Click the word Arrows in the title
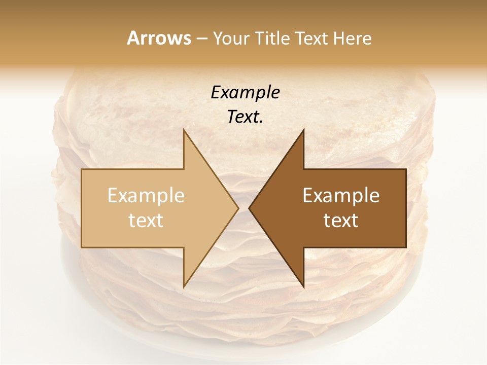click(159, 38)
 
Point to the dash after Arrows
click(202, 39)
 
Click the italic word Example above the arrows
click(245, 92)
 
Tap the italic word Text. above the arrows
click(245, 117)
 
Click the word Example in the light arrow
click(146, 196)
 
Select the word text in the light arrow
click(146, 221)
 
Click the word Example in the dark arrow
click(341, 196)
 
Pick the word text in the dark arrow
click(341, 221)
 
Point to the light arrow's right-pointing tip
click(238, 208)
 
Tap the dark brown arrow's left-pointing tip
click(249, 208)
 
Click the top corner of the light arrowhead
click(184, 130)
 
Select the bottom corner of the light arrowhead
click(184, 286)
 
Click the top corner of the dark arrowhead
click(303, 130)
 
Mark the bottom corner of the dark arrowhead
click(303, 286)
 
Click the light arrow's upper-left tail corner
click(82, 169)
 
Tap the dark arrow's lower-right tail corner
click(406, 247)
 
